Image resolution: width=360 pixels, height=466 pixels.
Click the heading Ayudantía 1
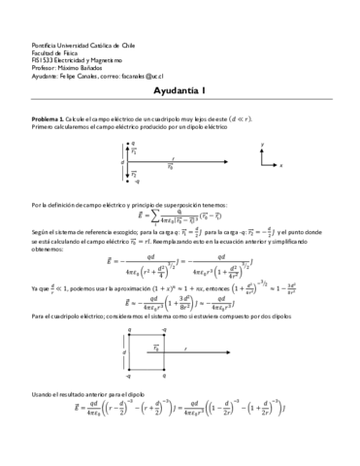pos(179,91)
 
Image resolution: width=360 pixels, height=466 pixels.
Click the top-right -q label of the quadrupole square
pos(164,331)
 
